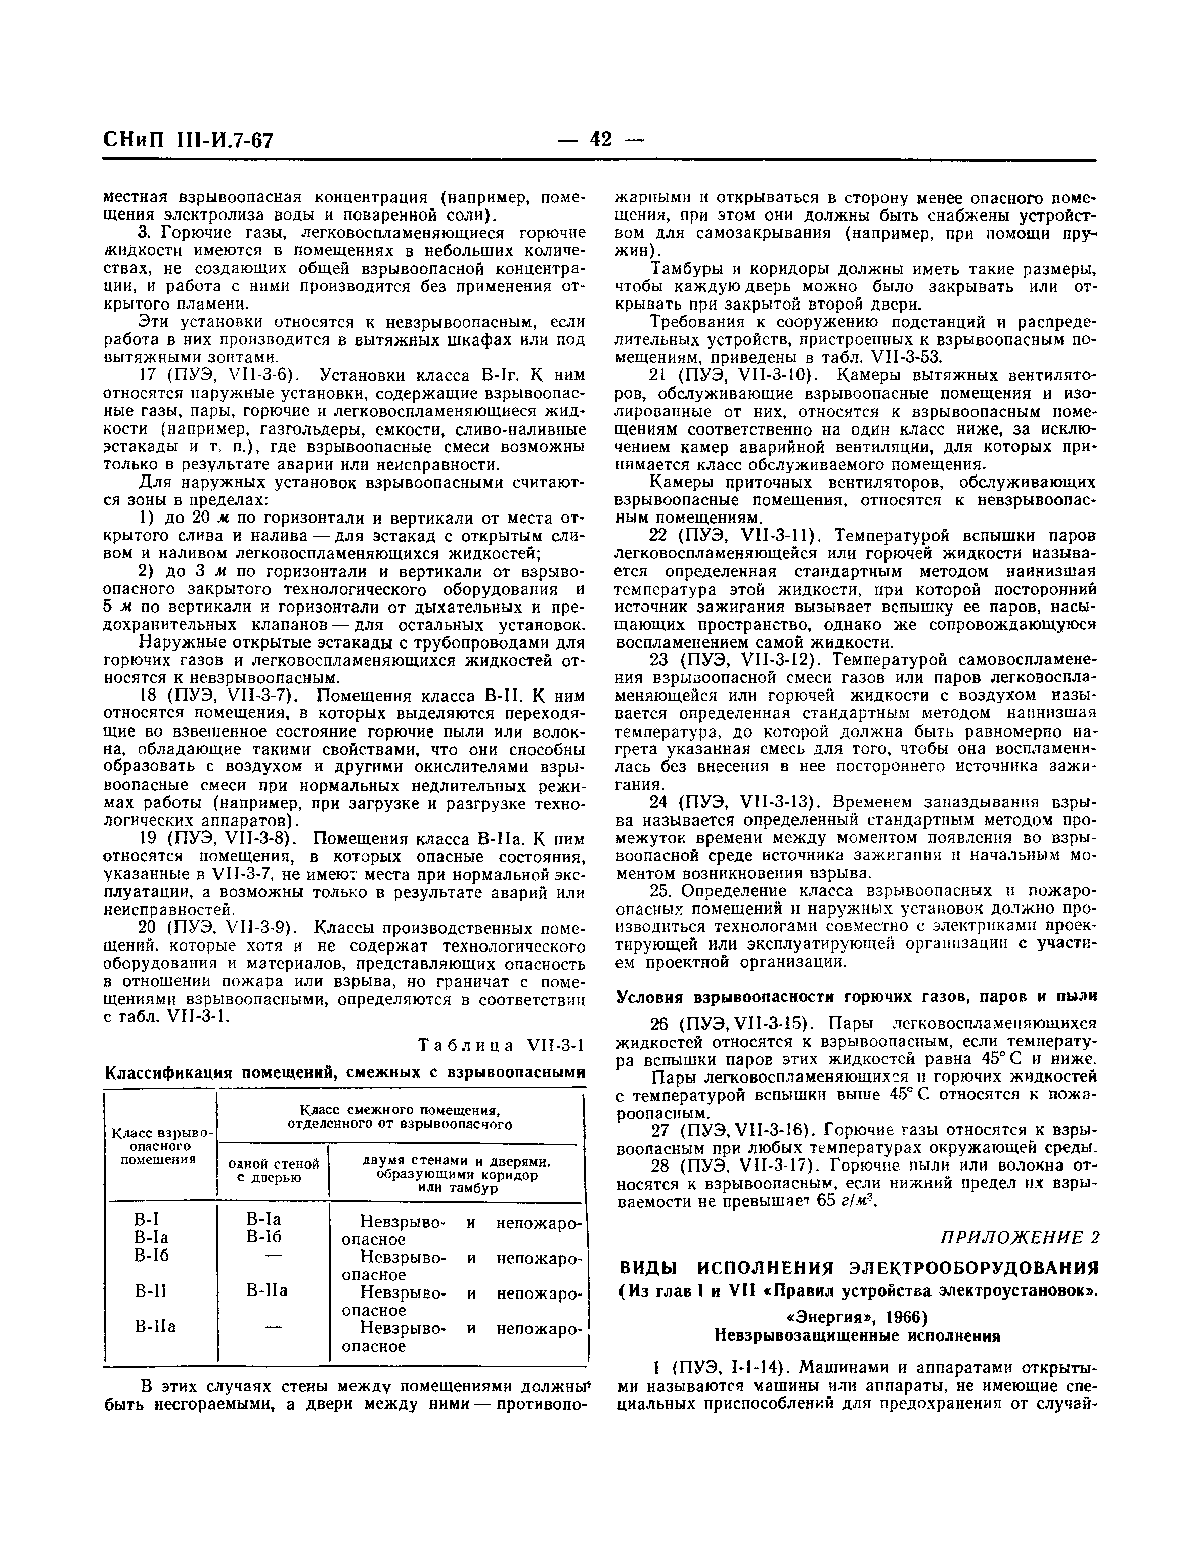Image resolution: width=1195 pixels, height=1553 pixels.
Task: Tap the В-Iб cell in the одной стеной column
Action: [264, 1236]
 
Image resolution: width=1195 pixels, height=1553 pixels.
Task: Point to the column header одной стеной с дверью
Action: [273, 1171]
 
